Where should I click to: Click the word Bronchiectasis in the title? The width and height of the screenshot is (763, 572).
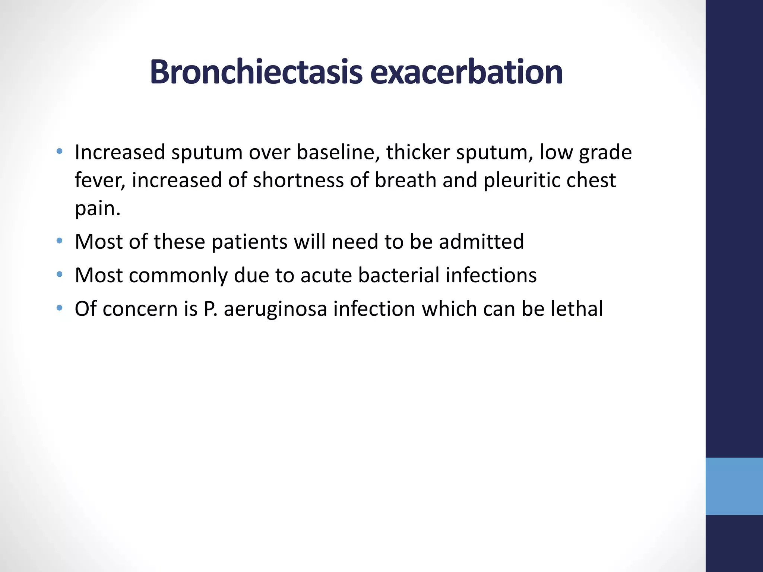[x=256, y=72]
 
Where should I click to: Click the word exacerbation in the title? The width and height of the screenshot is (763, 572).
[x=466, y=72]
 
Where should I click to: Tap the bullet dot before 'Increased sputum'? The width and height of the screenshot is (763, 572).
[x=59, y=151]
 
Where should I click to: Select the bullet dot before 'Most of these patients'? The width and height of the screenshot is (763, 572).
[x=59, y=241]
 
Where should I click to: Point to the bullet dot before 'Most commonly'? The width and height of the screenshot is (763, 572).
[x=59, y=274]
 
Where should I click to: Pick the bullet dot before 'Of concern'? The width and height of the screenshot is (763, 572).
[x=59, y=308]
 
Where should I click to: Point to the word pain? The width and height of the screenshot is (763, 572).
[x=97, y=209]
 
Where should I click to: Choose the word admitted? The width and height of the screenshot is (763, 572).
[x=481, y=241]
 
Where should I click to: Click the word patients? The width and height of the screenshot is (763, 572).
[x=249, y=242]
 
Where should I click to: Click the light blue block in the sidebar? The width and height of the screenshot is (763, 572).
[x=734, y=486]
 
